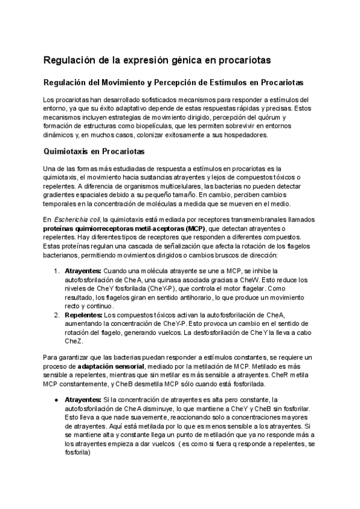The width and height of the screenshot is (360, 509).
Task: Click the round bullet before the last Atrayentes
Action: click(56, 399)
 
